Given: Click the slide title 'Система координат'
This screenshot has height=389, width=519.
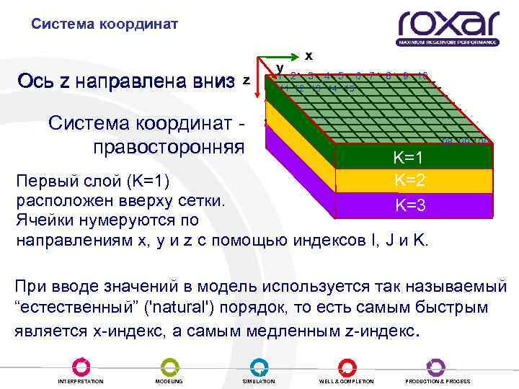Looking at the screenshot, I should (x=105, y=24).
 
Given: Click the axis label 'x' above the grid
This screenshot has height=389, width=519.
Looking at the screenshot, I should (x=309, y=55).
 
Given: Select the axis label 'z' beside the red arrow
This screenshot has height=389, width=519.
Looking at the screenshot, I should (x=247, y=80).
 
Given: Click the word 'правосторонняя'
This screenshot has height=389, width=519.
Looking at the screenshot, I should (x=169, y=147).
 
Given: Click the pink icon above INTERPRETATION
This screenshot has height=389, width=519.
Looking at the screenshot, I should (x=80, y=366).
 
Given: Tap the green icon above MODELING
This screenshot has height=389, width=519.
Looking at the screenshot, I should (x=169, y=366).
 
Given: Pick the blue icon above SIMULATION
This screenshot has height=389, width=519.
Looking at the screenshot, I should (x=257, y=366).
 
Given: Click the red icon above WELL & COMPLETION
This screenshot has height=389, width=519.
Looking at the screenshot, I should (x=347, y=366).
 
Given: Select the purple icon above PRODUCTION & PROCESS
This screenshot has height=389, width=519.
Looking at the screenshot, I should (x=436, y=366).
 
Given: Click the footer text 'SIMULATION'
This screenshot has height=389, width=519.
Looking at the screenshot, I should (x=258, y=381).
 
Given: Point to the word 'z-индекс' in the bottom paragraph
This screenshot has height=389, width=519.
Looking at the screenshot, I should (x=379, y=332).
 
